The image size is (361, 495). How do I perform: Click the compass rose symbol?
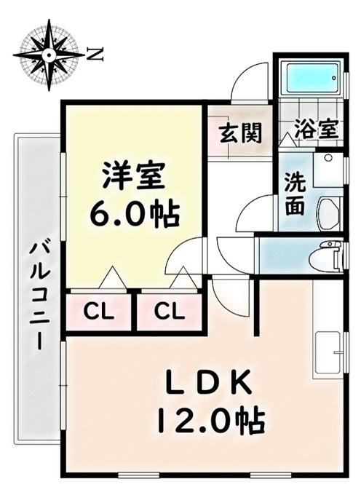49,55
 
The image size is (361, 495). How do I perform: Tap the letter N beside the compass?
95,55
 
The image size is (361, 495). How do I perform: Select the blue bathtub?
311,77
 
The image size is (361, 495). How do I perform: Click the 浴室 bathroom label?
317,130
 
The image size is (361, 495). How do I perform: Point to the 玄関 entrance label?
241,132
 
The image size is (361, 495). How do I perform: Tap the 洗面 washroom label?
295,194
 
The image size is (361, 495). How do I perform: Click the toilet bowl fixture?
326,256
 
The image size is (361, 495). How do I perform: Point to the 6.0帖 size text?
135,214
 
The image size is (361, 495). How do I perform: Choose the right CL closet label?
169,312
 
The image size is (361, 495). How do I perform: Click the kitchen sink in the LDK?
328,354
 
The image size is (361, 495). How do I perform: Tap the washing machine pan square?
328,169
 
